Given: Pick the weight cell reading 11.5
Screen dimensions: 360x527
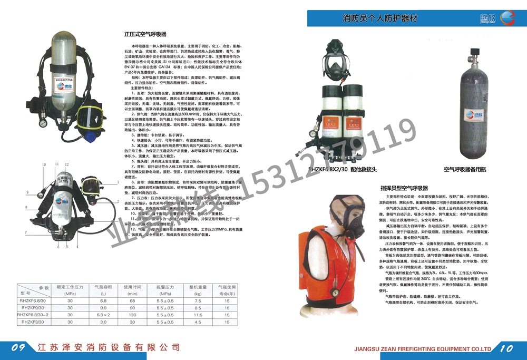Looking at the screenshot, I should (x=199, y=315).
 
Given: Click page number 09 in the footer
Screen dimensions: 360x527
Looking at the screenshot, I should (x=19, y=347).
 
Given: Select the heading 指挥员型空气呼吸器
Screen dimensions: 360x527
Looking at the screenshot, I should (x=404, y=188).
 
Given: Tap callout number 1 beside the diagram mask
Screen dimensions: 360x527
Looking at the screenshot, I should (x=118, y=182).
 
